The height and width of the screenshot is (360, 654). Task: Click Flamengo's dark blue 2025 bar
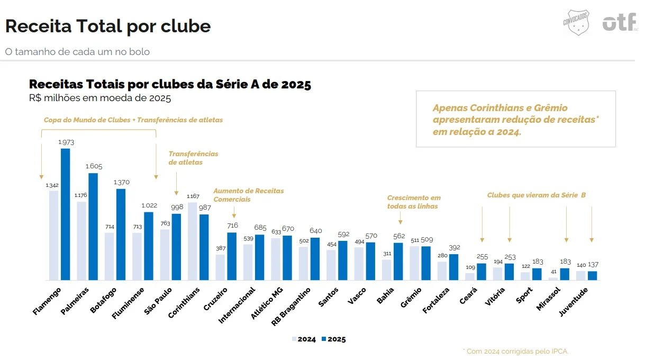pyautogui.click(x=66, y=214)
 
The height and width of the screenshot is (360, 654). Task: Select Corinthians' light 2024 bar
pyautogui.click(x=193, y=241)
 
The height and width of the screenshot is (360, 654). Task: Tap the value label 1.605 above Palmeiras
pyautogui.click(x=94, y=166)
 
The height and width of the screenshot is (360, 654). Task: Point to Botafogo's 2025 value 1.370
pyautogui.click(x=122, y=182)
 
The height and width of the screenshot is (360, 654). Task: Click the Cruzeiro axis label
pyautogui.click(x=215, y=299)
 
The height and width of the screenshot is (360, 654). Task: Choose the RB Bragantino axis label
pyautogui.click(x=291, y=307)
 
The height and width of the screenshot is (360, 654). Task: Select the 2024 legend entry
pyautogui.click(x=304, y=339)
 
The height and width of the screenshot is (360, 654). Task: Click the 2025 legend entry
pyautogui.click(x=334, y=339)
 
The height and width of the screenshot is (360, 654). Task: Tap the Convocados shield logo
pyautogui.click(x=576, y=22)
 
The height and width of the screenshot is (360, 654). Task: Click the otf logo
pyautogui.click(x=620, y=22)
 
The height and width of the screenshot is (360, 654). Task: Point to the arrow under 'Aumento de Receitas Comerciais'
pyautogui.click(x=234, y=212)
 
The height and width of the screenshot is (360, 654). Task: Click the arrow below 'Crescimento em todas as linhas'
pyautogui.click(x=400, y=218)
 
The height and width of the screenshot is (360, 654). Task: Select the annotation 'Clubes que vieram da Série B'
pyautogui.click(x=537, y=195)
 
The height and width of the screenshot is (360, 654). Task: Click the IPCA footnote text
pyautogui.click(x=516, y=351)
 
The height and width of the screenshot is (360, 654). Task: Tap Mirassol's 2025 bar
pyautogui.click(x=565, y=274)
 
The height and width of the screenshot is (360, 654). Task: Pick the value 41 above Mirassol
pyautogui.click(x=553, y=272)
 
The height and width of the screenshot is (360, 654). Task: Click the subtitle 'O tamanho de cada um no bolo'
pyautogui.click(x=77, y=52)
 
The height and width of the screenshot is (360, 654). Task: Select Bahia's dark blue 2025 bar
pyautogui.click(x=398, y=262)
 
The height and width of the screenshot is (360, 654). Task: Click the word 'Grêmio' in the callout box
pyautogui.click(x=551, y=108)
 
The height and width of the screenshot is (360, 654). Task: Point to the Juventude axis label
pyautogui.click(x=573, y=302)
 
